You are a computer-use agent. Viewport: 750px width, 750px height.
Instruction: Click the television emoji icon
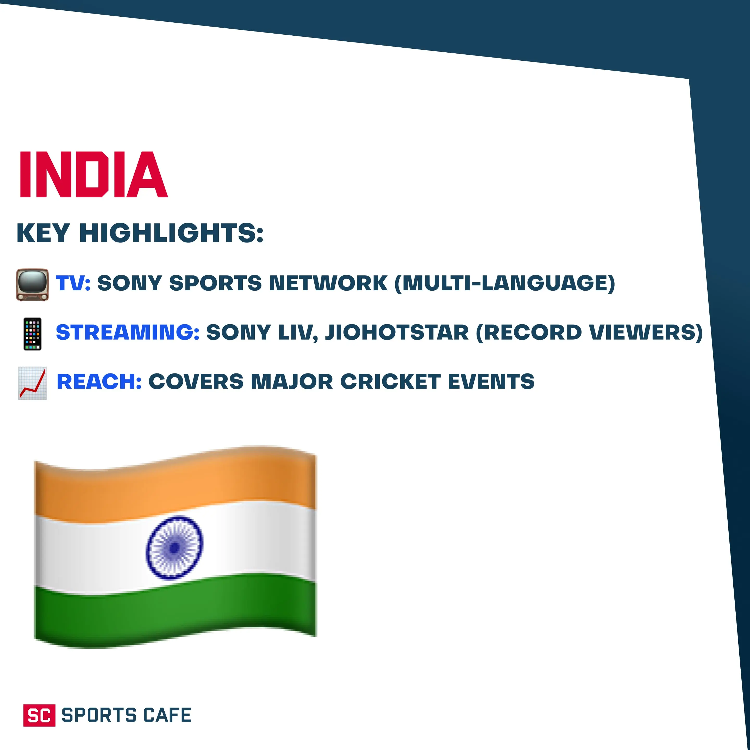(x=32, y=285)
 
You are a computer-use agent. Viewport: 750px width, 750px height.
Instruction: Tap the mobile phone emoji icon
(x=32, y=334)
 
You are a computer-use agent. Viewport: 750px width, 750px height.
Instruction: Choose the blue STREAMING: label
(x=128, y=332)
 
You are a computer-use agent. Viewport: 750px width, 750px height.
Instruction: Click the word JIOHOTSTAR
(x=397, y=332)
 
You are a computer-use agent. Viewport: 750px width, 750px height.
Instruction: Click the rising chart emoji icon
(x=32, y=383)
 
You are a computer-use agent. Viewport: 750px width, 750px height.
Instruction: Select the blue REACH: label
(x=99, y=381)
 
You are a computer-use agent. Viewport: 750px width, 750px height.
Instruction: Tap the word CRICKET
(x=390, y=381)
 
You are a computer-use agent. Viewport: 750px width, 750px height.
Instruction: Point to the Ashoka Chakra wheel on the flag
(x=174, y=547)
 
